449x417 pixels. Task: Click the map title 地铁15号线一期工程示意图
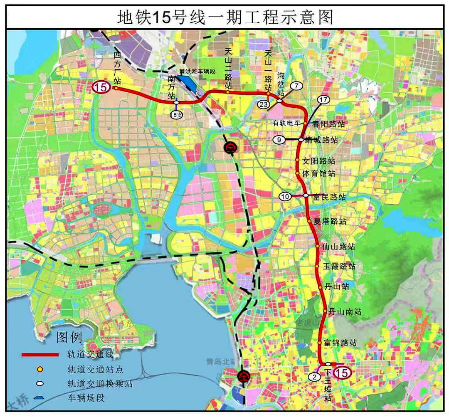225,17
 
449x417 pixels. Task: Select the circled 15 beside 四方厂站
101,87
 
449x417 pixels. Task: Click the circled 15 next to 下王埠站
343,373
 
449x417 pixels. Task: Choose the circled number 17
323,100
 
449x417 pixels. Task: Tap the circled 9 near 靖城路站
279,140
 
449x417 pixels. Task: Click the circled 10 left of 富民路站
285,197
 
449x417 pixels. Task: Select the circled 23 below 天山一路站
263,104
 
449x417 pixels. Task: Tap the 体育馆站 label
318,173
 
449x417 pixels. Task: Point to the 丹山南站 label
345,311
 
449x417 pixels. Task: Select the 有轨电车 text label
286,123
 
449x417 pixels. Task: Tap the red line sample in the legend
40,355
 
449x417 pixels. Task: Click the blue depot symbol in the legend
40,398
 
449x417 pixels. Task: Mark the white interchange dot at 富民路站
306,195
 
